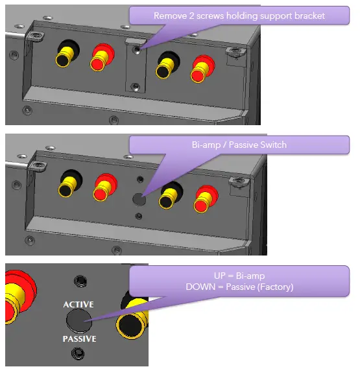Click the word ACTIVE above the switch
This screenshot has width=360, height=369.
[x=79, y=304]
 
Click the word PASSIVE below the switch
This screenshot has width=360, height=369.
[x=79, y=339]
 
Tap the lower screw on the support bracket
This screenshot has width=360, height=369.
[x=134, y=86]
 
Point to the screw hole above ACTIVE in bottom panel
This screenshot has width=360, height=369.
[x=80, y=281]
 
